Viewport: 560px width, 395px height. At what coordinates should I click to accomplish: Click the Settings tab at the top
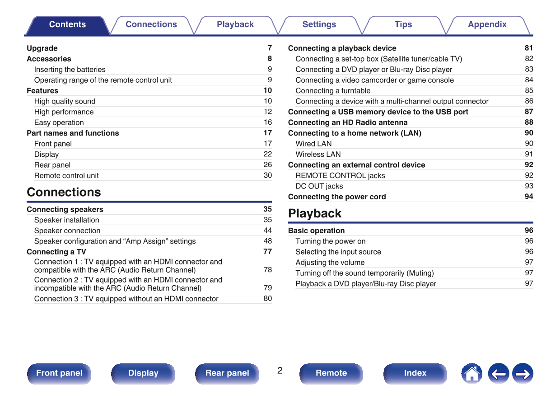[319, 25]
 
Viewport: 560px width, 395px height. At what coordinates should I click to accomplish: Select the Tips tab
[403, 25]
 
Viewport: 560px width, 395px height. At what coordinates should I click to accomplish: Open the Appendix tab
[487, 25]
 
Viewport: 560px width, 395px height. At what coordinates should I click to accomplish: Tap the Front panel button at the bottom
[59, 373]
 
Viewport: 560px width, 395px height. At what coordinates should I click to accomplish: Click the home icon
[471, 374]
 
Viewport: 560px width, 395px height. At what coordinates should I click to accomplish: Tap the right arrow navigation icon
[523, 374]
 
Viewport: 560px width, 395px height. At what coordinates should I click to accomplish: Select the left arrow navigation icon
[498, 374]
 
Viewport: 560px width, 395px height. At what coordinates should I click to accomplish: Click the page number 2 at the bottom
[280, 371]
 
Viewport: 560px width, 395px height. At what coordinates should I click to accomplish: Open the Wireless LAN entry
[318, 155]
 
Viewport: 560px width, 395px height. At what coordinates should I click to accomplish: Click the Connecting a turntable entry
[333, 91]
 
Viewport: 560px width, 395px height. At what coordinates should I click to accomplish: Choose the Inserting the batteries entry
[70, 70]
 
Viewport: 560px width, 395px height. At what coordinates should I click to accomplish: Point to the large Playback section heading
[315, 213]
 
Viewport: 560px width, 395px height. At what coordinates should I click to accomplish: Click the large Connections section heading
[64, 192]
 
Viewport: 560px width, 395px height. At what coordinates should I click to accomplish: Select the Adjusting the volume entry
[330, 263]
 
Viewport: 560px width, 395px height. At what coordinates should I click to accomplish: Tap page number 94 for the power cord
[529, 197]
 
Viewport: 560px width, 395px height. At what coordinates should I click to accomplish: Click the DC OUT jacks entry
[319, 186]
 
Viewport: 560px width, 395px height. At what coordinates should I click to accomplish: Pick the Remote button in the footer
[331, 373]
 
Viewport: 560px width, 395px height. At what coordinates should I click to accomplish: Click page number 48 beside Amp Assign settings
[268, 241]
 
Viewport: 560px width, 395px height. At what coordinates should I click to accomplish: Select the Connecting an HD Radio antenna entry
[348, 122]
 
